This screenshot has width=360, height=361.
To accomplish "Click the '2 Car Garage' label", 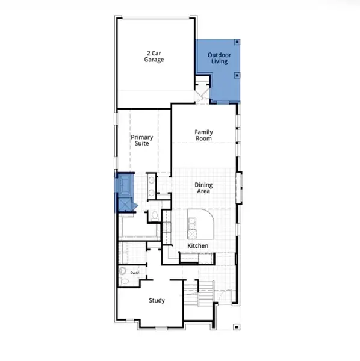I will tap(154, 56).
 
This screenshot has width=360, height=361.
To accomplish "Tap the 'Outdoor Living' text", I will tap(219, 58).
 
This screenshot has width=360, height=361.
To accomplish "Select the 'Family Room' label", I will tap(203, 135).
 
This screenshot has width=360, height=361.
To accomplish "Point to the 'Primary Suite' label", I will tap(142, 140).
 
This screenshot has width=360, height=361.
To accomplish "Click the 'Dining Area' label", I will tap(203, 188).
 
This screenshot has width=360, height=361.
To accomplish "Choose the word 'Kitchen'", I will tap(197, 246).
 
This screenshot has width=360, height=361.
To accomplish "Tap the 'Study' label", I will tap(157, 300).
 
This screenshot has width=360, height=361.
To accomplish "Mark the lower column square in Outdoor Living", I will tap(237, 75).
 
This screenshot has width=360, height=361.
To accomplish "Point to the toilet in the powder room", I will tap(125, 280).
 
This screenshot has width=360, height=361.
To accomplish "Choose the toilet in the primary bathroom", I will tap(154, 215).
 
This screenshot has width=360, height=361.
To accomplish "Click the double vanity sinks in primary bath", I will tap(151, 186).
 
